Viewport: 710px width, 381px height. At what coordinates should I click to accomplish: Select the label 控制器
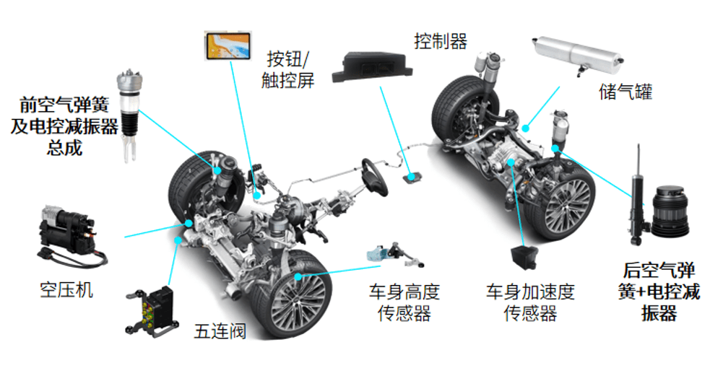click(441, 41)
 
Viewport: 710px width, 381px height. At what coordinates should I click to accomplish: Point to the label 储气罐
click(625, 92)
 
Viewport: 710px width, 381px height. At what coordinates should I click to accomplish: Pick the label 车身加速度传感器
click(530, 302)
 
